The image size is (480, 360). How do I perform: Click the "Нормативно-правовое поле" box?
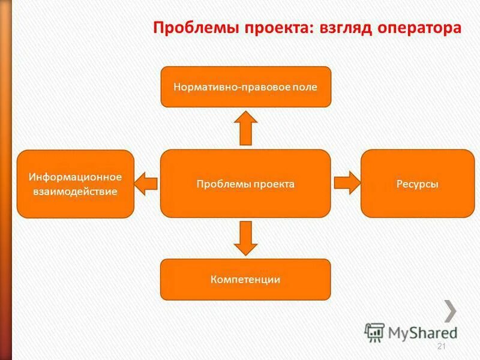245,87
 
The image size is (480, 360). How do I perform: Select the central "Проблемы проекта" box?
245,184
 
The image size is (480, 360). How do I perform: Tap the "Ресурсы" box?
417,184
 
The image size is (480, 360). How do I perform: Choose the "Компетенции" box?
245,279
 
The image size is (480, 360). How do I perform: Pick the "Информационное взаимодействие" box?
75,184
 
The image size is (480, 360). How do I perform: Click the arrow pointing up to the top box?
245,128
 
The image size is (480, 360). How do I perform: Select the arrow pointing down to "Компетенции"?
245,238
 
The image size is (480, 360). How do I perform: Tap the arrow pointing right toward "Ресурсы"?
346,182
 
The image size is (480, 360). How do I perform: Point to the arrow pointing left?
146,182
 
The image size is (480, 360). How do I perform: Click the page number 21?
442,347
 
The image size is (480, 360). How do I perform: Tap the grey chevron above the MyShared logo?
450,310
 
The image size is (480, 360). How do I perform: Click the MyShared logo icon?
374,332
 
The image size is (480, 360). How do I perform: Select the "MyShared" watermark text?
422,332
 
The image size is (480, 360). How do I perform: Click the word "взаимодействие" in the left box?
76,192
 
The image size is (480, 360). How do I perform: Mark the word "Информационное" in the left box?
76,177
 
